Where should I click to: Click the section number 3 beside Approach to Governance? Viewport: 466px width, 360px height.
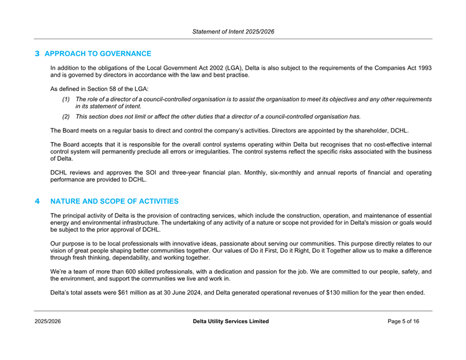[37, 54]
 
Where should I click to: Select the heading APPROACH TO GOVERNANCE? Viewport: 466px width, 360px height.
[98, 54]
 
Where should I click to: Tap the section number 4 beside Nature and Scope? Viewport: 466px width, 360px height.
[37, 202]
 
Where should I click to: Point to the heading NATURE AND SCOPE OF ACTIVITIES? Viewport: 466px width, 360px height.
[114, 202]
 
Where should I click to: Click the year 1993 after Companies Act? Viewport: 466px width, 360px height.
[424, 67]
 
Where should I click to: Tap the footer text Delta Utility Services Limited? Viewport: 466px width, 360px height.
[232, 321]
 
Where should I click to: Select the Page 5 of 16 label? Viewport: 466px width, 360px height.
[411, 321]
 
